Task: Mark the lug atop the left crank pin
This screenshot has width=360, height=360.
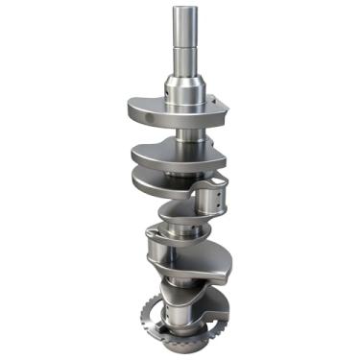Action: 156,231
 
